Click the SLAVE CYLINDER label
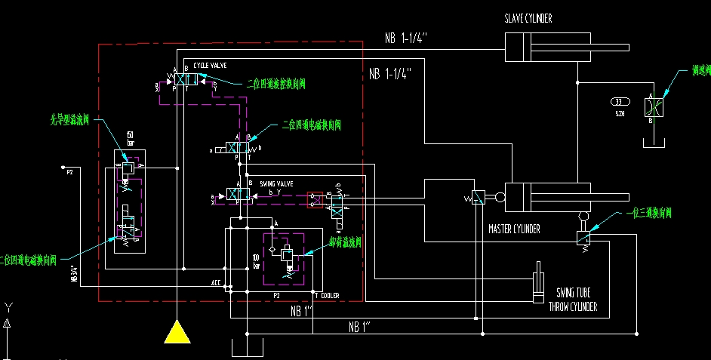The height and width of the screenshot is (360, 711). coord(528,18)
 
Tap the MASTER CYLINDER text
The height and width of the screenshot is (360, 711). coord(514,229)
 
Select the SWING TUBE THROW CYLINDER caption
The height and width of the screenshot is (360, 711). coord(577,299)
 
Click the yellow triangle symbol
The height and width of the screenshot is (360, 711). coord(177,332)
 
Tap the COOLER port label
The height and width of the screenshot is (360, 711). coord(330,295)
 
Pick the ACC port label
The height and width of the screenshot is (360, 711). coord(217,284)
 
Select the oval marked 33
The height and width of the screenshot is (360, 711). coord(619,102)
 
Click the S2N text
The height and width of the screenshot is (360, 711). coord(620,113)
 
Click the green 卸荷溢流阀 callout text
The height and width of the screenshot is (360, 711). coord(345,242)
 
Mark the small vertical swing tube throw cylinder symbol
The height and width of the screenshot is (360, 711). coord(537,283)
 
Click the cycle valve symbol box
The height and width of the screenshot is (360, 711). coord(185,79)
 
